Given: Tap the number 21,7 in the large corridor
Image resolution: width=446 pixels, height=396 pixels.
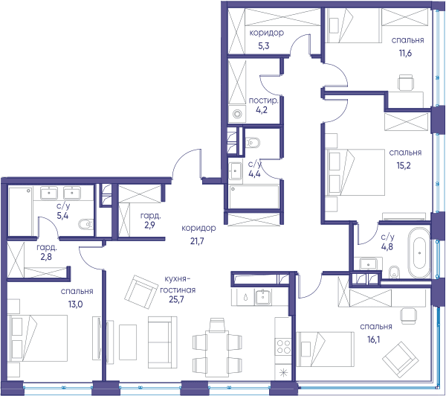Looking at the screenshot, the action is (x=198, y=241).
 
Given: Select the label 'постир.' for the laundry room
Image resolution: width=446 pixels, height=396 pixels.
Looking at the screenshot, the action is (x=263, y=100).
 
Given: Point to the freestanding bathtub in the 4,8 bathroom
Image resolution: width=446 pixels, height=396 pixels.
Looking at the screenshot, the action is (x=419, y=252).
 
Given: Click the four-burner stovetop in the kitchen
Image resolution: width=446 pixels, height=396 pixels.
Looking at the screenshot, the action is (x=283, y=347).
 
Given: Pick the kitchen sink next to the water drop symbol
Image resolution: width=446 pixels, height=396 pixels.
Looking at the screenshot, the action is (x=263, y=297).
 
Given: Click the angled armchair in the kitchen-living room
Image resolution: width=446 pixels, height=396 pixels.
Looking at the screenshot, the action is (x=141, y=292).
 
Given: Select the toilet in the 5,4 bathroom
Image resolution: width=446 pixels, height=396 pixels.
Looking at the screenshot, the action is (x=85, y=224).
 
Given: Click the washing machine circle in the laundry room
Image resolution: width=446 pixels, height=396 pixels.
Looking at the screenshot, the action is (x=237, y=114).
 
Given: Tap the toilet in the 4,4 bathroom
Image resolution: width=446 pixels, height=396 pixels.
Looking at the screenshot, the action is (x=253, y=142).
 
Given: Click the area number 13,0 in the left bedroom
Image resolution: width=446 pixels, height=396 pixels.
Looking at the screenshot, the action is (x=75, y=304).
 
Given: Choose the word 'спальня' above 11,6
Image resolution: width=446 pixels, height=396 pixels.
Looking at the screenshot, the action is (x=407, y=40).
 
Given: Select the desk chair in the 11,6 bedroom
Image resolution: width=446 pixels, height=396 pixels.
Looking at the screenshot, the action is (x=405, y=83).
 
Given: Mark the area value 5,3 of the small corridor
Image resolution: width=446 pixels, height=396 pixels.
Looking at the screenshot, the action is (x=264, y=45).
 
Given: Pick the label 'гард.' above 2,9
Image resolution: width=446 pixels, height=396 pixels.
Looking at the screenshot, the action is (x=150, y=216).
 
